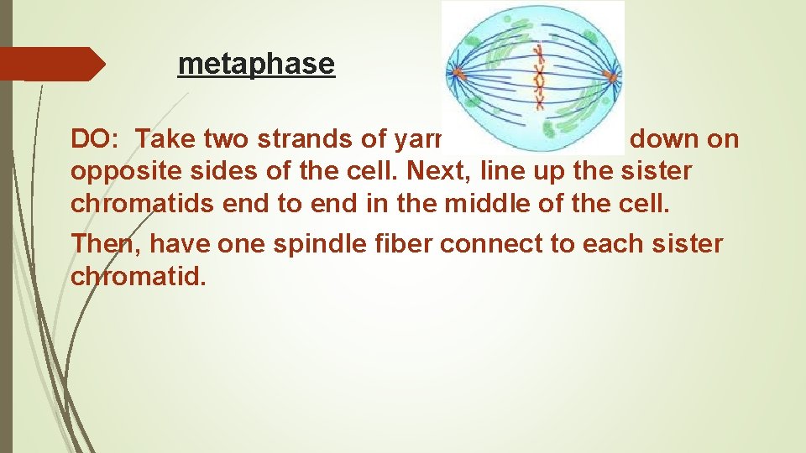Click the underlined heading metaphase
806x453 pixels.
tap(256, 64)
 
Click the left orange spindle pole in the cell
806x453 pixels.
tap(458, 74)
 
